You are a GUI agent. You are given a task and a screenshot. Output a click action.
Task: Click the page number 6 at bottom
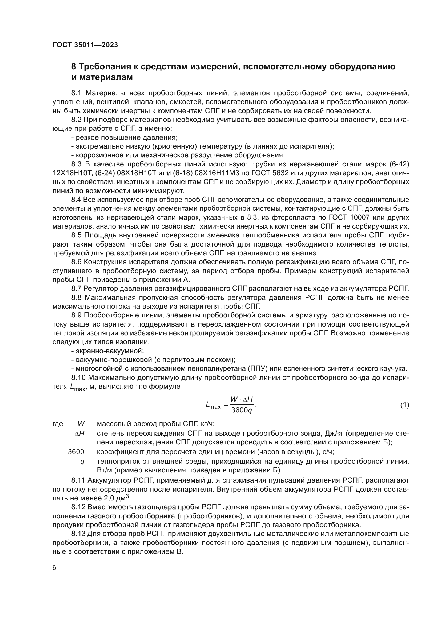point(54,568)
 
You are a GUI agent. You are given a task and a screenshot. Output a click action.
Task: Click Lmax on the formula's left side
point(213,406)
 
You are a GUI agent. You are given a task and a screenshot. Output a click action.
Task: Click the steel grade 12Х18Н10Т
point(71,173)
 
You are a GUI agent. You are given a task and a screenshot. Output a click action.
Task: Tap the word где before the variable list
point(58,424)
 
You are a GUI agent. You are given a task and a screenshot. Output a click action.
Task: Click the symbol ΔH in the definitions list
point(80,433)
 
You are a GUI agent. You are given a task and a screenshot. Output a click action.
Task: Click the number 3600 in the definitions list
point(76,452)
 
